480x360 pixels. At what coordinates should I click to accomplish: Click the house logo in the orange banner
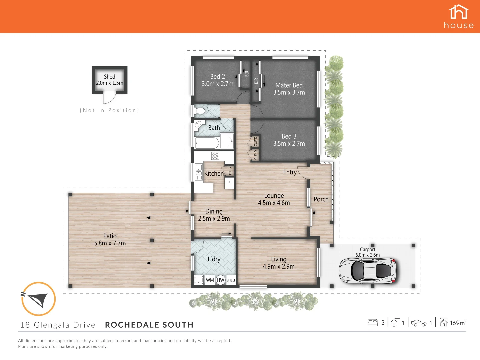click(x=459, y=16)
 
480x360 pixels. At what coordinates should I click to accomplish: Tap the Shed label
click(x=109, y=77)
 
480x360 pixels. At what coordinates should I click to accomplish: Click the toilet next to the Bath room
click(x=200, y=111)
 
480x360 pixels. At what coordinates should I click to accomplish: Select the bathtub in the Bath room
click(x=207, y=143)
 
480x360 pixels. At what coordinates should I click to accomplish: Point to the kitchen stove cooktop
click(x=215, y=156)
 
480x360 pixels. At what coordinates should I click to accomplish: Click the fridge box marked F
click(x=229, y=183)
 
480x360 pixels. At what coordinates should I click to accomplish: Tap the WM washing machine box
click(x=210, y=280)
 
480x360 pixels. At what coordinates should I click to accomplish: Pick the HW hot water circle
click(x=220, y=280)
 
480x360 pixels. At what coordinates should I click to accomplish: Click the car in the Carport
click(x=367, y=270)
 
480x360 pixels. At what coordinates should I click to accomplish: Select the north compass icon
click(x=38, y=299)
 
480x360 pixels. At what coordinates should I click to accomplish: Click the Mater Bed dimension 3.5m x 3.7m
click(x=289, y=93)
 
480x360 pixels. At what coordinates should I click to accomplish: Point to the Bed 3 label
click(x=289, y=136)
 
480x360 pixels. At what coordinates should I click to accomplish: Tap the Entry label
click(x=290, y=172)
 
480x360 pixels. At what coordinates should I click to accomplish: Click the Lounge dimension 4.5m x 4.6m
click(x=274, y=203)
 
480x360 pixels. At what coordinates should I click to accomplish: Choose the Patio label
click(x=110, y=236)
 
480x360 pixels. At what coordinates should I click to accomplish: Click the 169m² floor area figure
click(x=458, y=323)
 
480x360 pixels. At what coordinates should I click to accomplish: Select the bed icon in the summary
click(x=372, y=322)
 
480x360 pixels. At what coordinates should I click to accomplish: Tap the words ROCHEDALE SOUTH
click(x=149, y=325)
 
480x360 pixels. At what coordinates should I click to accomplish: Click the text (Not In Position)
click(x=109, y=110)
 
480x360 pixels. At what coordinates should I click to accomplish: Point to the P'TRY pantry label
click(x=230, y=171)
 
